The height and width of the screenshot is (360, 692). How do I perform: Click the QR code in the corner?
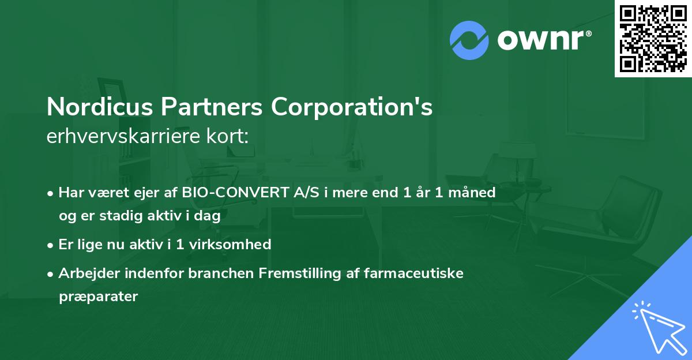click(653, 38)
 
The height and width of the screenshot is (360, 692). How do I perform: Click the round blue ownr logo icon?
click(469, 40)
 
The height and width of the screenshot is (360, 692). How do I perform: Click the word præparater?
click(98, 297)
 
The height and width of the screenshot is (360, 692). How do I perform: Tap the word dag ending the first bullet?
click(209, 216)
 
